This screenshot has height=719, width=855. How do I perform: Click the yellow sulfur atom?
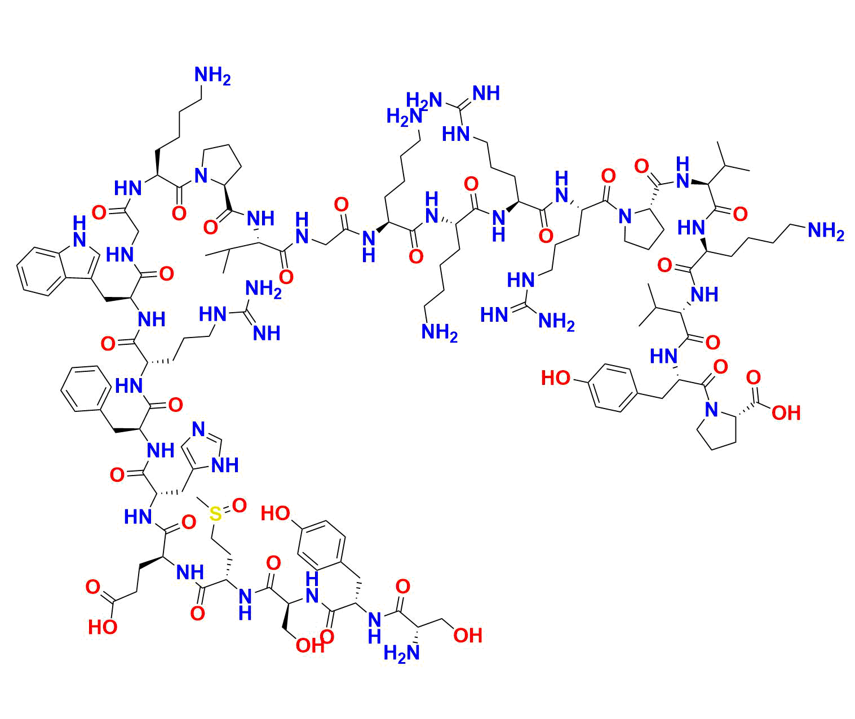pyautogui.click(x=215, y=514)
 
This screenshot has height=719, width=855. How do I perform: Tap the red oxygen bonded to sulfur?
pyautogui.click(x=239, y=505)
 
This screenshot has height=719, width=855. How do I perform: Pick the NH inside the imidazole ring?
pyautogui.click(x=225, y=465)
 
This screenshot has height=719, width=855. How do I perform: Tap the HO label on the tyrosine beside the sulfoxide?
pyautogui.click(x=276, y=513)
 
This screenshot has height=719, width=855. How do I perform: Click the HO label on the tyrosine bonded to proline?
pyautogui.click(x=556, y=378)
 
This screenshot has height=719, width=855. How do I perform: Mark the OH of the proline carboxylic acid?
pyautogui.click(x=786, y=414)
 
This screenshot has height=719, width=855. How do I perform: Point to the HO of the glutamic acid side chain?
pyautogui.click(x=103, y=627)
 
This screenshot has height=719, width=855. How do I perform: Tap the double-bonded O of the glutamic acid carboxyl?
pyautogui.click(x=92, y=588)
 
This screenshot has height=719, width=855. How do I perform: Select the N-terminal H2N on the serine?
pyautogui.click(x=401, y=654)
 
